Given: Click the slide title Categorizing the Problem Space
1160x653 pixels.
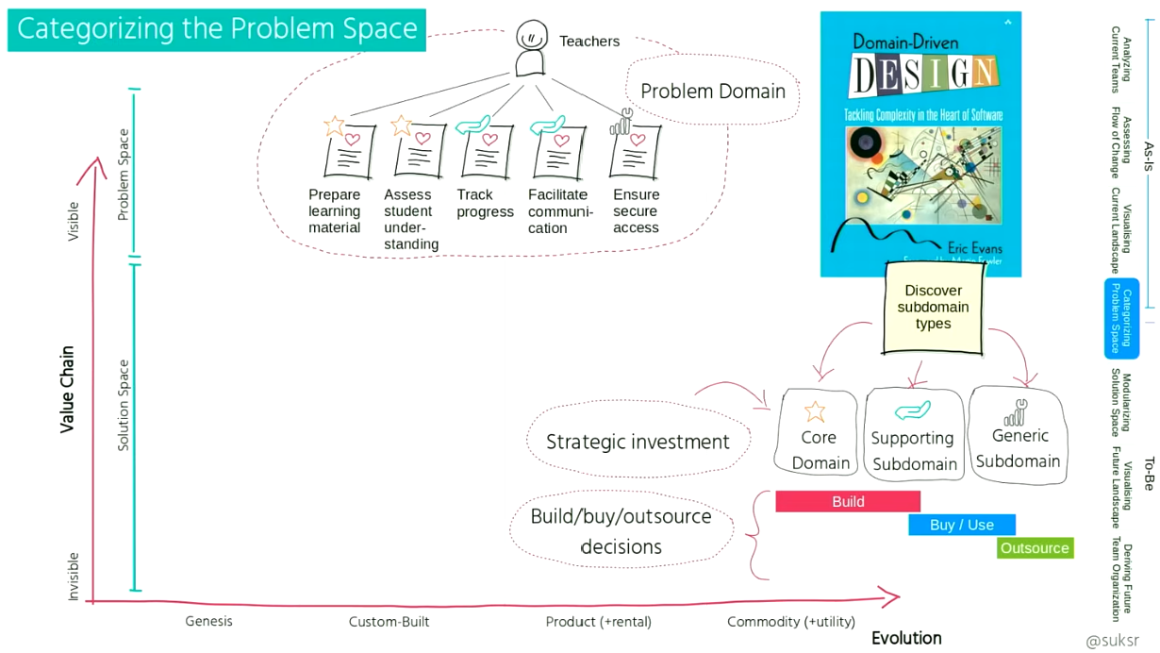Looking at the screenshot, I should pyautogui.click(x=217, y=29).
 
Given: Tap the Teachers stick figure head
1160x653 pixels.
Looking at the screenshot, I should pyautogui.click(x=532, y=38).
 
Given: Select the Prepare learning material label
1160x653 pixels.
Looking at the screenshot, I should pyautogui.click(x=335, y=211).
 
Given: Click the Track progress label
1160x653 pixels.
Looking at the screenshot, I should pyautogui.click(x=485, y=203).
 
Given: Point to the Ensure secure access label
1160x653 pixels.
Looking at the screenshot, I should pyautogui.click(x=636, y=211).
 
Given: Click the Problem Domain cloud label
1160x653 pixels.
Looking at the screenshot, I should pyautogui.click(x=713, y=92).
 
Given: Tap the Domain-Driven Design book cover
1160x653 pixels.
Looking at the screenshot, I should pyautogui.click(x=920, y=143).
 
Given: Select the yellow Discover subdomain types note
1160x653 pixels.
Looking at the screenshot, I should pyautogui.click(x=933, y=308).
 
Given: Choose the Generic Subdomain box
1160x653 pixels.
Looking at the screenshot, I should pyautogui.click(x=1018, y=436).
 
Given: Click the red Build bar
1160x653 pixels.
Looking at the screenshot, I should pyautogui.click(x=848, y=502).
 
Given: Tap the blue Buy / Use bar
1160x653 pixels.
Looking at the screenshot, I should pyautogui.click(x=962, y=525).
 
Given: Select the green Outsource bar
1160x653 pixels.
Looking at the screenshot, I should pyautogui.click(x=1035, y=548).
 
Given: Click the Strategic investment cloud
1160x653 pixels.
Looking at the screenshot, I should pyautogui.click(x=638, y=442).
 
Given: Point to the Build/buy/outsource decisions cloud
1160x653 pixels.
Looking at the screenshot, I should pyautogui.click(x=621, y=531).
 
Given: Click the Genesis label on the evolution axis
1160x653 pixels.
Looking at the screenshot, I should pyautogui.click(x=208, y=621).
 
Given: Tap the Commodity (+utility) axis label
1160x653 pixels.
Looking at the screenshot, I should pyautogui.click(x=791, y=622).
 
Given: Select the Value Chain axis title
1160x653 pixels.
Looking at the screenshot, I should pyautogui.click(x=67, y=389).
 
